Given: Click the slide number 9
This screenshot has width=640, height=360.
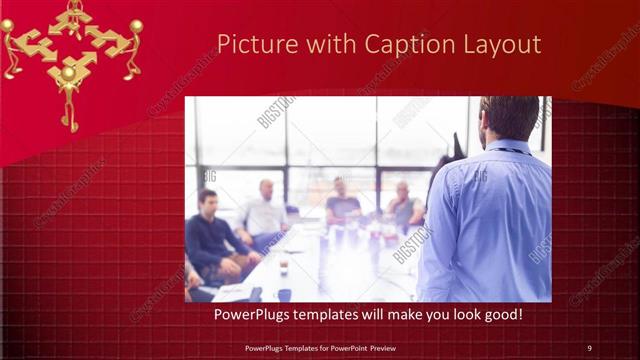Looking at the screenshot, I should [x=589, y=348].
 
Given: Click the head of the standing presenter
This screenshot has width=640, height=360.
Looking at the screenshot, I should [x=509, y=119].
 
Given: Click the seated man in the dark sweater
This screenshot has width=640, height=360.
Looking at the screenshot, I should [x=213, y=235].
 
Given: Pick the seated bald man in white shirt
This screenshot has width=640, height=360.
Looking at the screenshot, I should [x=264, y=209].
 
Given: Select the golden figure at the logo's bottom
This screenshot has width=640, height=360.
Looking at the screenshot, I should [x=69, y=95].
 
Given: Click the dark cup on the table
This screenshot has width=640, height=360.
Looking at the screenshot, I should [x=284, y=269].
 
